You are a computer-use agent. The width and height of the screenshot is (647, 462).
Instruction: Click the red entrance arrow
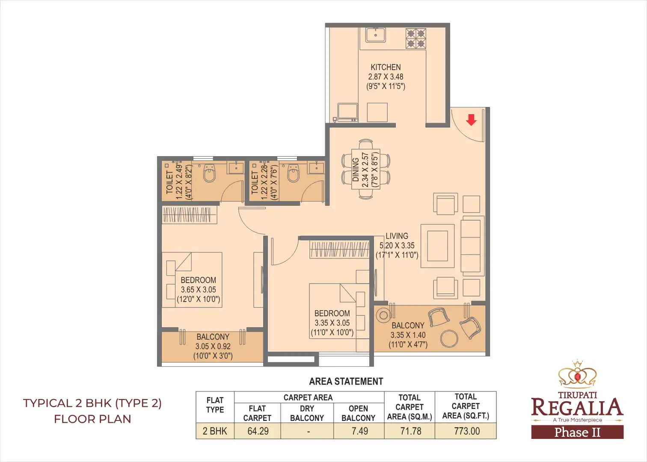[x=471, y=120]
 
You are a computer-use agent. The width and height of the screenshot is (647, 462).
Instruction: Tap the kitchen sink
[x=375, y=35]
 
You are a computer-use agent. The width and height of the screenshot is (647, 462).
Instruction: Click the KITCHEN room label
[x=386, y=67]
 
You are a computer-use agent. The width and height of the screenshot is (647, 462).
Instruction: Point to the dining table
[x=366, y=169]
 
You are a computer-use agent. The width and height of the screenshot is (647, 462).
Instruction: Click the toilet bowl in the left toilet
[x=209, y=173]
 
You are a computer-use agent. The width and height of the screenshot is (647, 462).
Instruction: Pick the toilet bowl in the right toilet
[x=293, y=173]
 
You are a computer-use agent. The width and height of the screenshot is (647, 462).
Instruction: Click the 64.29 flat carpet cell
[x=258, y=431]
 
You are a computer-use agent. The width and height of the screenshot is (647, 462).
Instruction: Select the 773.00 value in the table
[x=467, y=431]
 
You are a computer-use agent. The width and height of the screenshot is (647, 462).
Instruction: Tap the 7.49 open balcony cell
[x=359, y=431]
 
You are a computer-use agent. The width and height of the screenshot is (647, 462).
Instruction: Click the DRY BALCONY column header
[x=307, y=413]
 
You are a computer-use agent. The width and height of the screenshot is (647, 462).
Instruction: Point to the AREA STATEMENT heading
[x=346, y=381]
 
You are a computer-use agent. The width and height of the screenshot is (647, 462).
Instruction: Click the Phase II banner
[x=577, y=432]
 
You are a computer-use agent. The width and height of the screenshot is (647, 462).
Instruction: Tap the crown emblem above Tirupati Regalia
[x=577, y=375]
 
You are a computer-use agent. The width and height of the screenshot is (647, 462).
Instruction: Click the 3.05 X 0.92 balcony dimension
[x=213, y=346]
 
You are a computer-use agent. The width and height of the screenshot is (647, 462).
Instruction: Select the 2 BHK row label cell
[x=215, y=431]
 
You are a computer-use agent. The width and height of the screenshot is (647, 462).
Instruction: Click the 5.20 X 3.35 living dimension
[x=397, y=246]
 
